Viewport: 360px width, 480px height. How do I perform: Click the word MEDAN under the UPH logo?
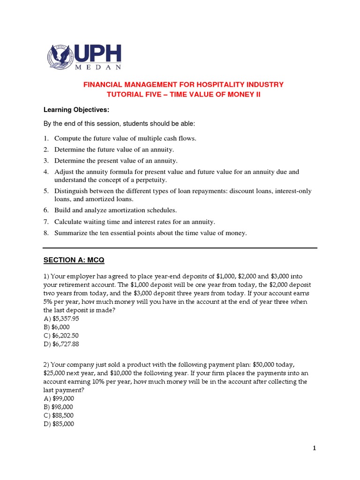[x=99, y=67]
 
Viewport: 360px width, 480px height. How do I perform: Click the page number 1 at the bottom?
[x=315, y=449]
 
